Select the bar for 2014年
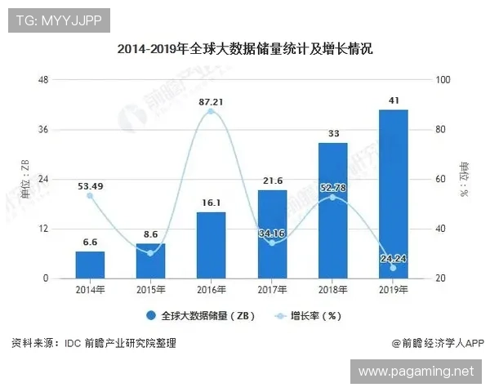(90, 265)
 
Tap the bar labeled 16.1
(211, 245)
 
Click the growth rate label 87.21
(211, 101)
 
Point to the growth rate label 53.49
(90, 185)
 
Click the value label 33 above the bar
(332, 133)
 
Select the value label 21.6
(271, 180)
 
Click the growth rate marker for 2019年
(393, 268)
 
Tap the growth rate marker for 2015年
(150, 253)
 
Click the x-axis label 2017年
(271, 289)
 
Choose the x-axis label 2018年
(332, 289)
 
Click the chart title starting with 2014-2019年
(245, 49)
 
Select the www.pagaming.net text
(416, 372)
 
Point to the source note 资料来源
(94, 344)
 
